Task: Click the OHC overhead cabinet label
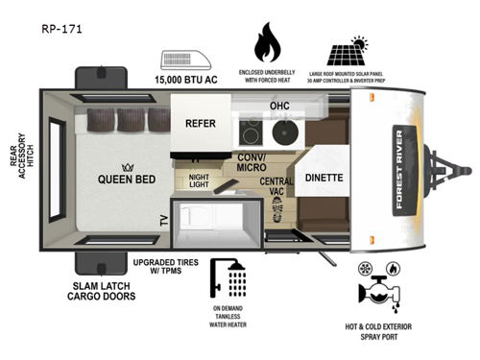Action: pyautogui.click(x=279, y=106)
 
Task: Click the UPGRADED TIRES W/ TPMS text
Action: pyautogui.click(x=167, y=267)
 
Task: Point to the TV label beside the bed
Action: pyautogui.click(x=162, y=222)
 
